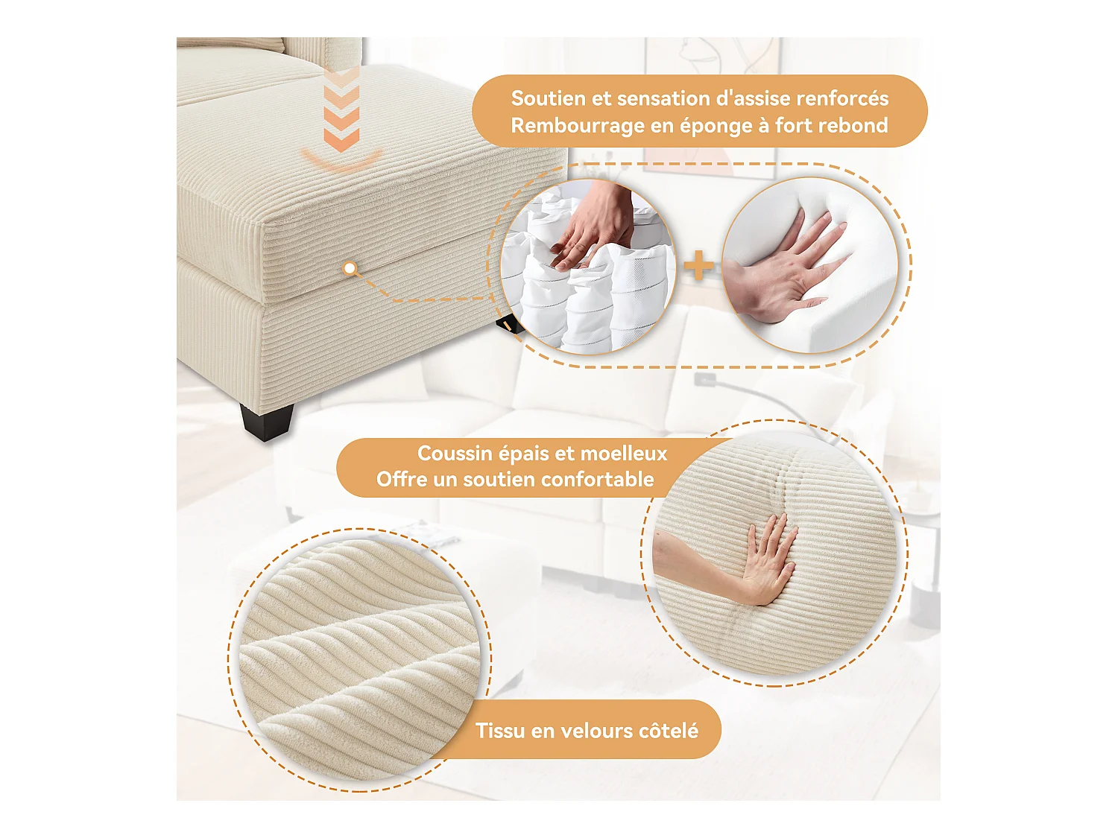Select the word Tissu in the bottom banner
point(500,731)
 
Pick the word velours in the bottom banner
point(594,731)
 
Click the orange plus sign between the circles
point(698,266)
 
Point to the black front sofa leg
point(266,422)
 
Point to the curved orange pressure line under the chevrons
point(342,160)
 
